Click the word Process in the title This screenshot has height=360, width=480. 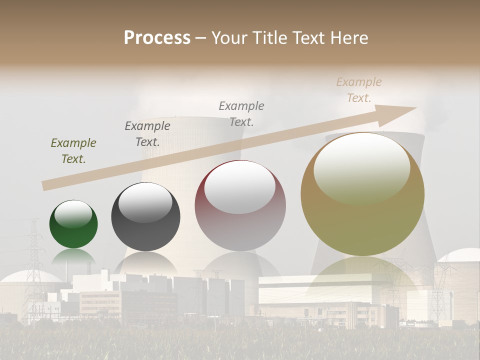[x=157, y=38]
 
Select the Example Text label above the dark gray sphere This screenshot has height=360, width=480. [x=147, y=133]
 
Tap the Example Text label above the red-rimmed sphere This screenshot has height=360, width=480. [x=241, y=113]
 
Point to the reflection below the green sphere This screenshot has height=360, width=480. [x=73, y=257]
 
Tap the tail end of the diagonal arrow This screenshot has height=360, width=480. [x=46, y=185]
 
